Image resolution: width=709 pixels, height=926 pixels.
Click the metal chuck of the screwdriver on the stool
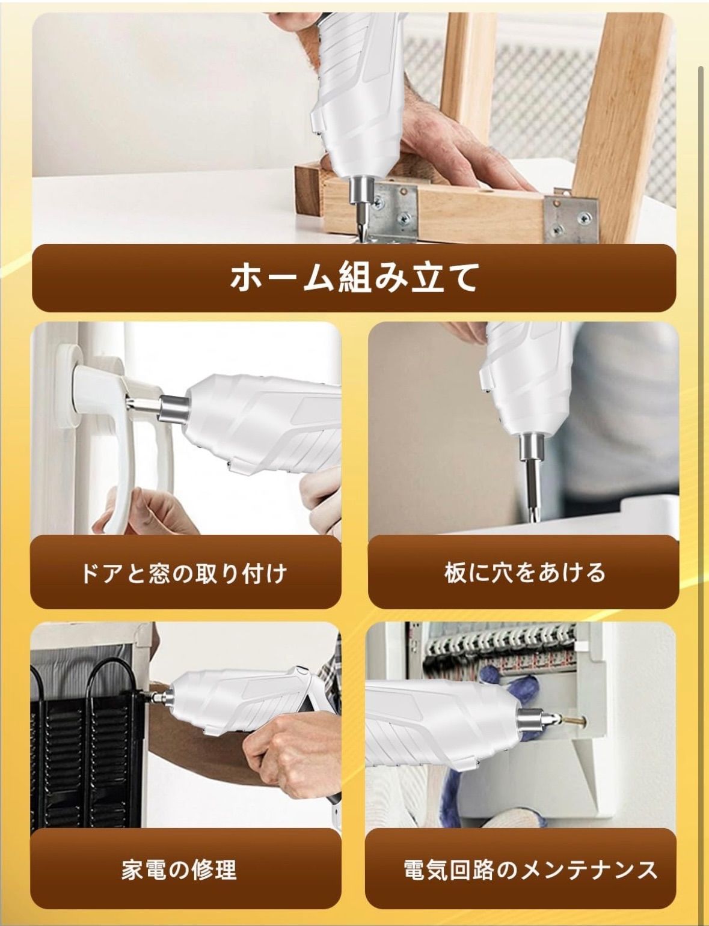pos(360,189)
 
